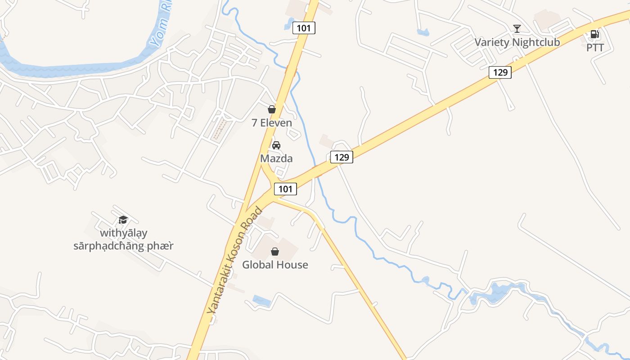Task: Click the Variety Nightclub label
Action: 517,42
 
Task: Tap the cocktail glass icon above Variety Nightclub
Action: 517,29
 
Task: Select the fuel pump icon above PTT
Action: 594,34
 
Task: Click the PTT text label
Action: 595,47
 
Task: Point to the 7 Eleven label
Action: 272,123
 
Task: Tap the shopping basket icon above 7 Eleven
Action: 272,109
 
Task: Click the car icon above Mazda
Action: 276,145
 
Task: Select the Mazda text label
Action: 276,158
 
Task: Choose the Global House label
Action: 275,265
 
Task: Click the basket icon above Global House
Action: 275,252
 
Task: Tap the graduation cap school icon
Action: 123,220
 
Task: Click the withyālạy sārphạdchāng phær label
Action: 124,239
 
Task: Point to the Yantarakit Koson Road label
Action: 234,261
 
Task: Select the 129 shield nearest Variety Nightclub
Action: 500,72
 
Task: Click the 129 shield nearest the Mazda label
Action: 342,157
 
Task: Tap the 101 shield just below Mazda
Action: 285,189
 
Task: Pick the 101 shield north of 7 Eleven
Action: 304,28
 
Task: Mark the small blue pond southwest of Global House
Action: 261,300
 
